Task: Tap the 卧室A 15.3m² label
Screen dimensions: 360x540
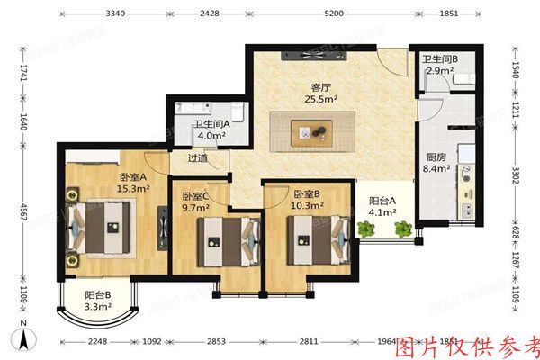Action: coord(132,183)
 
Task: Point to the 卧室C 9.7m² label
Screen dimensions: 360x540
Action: coord(195,201)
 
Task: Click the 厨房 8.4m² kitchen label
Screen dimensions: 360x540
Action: coord(437,164)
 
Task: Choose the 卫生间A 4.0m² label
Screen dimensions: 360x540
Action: coord(212,130)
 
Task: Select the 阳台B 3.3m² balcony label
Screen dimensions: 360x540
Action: coord(97,301)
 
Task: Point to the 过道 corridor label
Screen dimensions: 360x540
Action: coord(197,158)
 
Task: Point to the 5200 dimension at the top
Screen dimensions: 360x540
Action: coord(332,13)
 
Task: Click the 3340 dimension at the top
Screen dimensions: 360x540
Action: coord(115,13)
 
